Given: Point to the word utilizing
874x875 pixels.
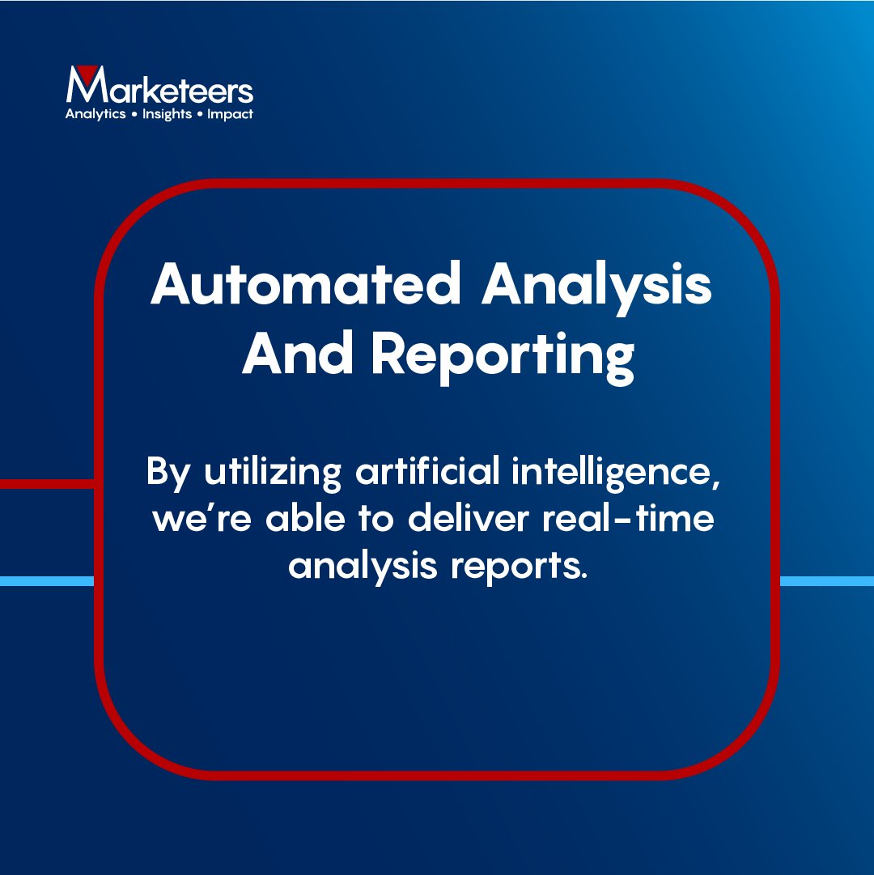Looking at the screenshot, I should coord(274,473).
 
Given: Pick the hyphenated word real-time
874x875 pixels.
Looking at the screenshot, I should coord(632,518).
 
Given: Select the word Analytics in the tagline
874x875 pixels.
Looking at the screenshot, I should coord(95,114).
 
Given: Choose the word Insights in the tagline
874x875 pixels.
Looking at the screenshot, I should coord(167,114).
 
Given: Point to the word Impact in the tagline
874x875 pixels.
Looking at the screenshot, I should coord(230,114).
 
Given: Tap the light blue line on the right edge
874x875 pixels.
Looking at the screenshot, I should coord(826,580).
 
